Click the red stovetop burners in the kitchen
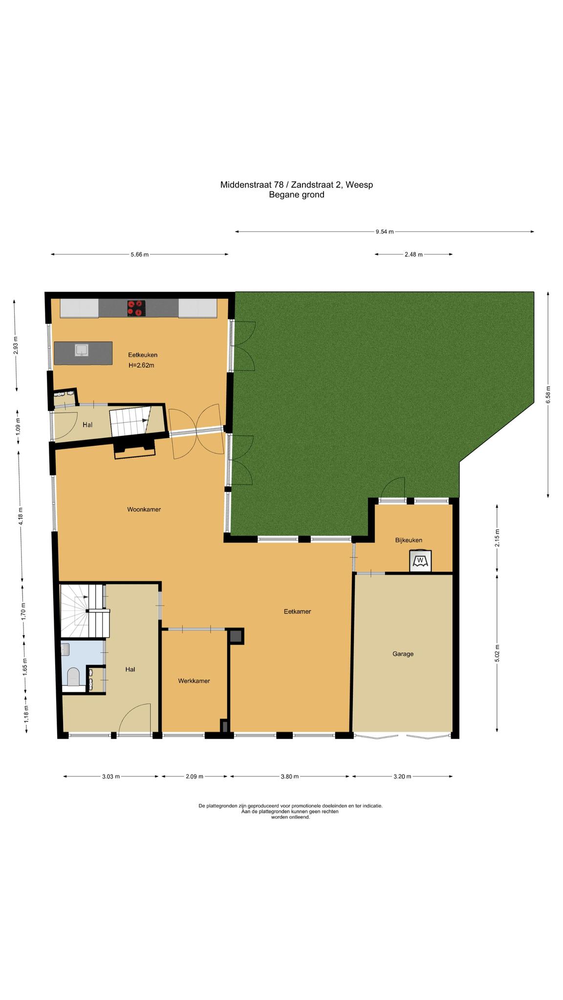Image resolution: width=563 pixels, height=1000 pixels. (136, 308)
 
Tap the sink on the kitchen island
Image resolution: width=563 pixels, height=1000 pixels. (81, 350)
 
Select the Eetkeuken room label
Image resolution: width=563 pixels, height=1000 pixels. (143, 355)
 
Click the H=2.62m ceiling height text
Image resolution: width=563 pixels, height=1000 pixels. (141, 365)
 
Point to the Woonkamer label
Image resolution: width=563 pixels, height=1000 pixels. (144, 509)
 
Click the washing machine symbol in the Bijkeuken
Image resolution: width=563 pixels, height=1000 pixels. (420, 560)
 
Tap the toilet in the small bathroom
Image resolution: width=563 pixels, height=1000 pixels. (73, 676)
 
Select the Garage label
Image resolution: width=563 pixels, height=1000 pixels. (403, 654)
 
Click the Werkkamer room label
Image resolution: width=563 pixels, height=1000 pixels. (194, 681)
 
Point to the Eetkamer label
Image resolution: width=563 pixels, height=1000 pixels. (297, 611)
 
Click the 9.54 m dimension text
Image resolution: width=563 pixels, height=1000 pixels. (385, 232)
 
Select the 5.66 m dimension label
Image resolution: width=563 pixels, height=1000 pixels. (139, 254)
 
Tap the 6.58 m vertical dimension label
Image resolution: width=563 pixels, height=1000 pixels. (548, 395)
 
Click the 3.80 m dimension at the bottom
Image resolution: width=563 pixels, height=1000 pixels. (289, 777)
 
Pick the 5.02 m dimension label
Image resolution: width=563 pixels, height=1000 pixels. (498, 653)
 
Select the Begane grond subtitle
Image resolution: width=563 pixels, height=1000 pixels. (297, 195)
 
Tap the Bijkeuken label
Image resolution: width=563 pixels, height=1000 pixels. (409, 540)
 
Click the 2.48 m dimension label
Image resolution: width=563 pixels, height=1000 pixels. (413, 254)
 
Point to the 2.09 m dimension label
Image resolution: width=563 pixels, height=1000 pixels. (194, 777)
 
